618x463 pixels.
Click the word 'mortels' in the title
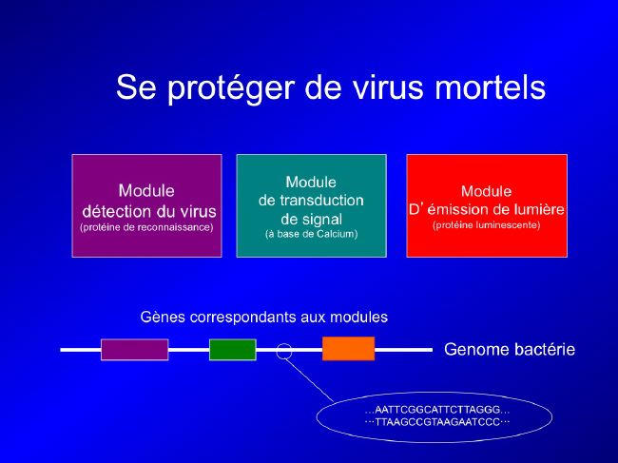[490, 87]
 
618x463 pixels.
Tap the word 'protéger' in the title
[230, 89]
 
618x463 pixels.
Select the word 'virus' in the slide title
[387, 87]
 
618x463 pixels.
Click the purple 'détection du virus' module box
[147, 205]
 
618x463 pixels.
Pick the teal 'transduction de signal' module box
[311, 205]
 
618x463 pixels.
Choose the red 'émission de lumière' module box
[487, 205]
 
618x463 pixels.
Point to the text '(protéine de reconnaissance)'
[146, 227]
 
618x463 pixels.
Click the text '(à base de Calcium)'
[311, 234]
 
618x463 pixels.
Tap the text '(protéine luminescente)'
[487, 225]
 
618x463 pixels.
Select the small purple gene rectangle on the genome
[135, 350]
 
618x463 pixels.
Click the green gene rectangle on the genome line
[233, 350]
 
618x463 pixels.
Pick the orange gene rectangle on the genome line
[348, 349]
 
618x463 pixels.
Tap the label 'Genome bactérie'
[510, 350]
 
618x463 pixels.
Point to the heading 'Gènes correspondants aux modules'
[263, 318]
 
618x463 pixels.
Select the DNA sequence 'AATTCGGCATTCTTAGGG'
[437, 410]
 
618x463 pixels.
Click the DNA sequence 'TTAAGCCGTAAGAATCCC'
[437, 422]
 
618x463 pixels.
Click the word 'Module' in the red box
[487, 191]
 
